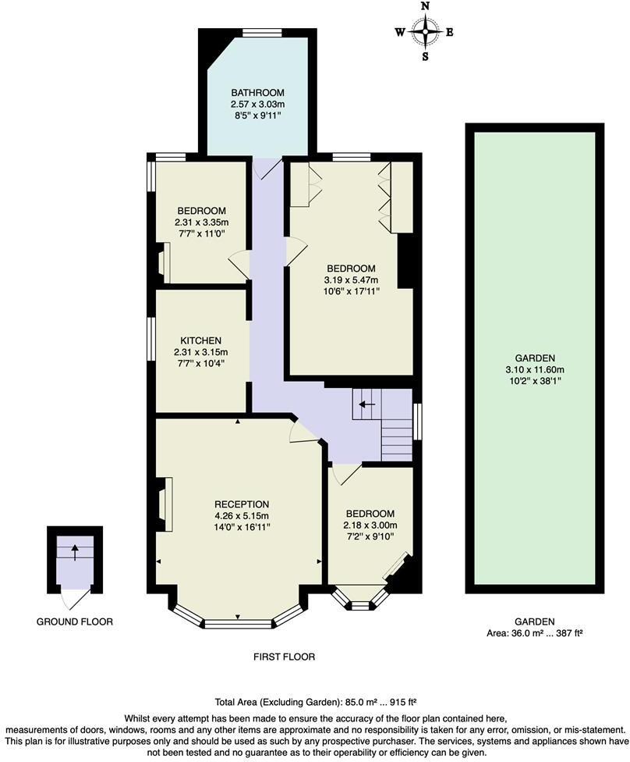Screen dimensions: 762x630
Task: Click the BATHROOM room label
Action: [x=257, y=92]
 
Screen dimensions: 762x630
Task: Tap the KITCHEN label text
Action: [x=201, y=341]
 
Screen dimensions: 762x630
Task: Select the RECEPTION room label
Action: [x=242, y=504]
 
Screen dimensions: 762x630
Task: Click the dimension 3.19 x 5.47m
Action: [x=351, y=280]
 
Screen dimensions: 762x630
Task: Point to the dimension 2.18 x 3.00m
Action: [x=371, y=525]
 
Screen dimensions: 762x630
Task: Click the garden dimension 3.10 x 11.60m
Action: [x=534, y=370]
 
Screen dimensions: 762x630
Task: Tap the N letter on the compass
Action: [x=425, y=6]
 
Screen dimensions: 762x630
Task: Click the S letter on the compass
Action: [x=425, y=56]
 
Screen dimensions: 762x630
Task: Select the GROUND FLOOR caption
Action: [x=75, y=622]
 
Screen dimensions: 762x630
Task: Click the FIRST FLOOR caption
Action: [x=284, y=657]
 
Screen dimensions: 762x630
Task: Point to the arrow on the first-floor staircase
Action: [x=363, y=404]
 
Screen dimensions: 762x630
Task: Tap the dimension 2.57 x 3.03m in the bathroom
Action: [x=257, y=104]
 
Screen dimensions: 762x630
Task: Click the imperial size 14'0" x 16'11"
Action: [x=242, y=528]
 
